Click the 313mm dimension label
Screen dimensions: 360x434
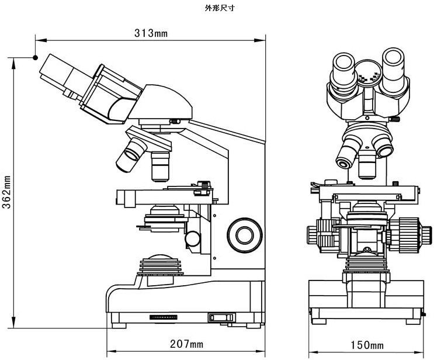(151, 33)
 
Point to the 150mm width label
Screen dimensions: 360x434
(367, 345)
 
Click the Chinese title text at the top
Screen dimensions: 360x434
(216, 8)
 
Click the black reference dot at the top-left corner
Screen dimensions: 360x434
(36, 58)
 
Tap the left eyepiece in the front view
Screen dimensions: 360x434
(343, 68)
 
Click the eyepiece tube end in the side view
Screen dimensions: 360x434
(53, 68)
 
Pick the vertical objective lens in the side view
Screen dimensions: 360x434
(161, 165)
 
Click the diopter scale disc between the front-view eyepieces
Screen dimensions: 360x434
(369, 72)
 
